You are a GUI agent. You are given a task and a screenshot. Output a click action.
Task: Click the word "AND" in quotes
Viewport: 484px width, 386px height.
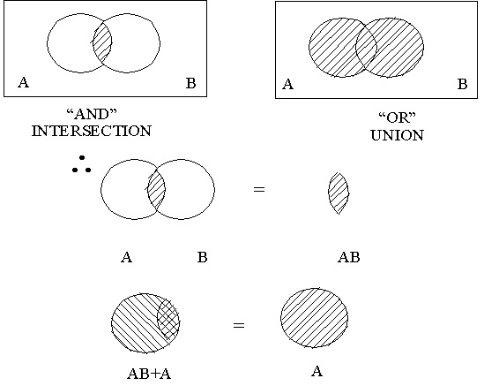(x=92, y=115)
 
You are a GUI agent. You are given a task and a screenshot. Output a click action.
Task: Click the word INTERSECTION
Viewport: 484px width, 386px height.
(x=92, y=131)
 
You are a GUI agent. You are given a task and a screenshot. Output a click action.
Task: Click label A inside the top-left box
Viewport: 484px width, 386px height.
(x=23, y=82)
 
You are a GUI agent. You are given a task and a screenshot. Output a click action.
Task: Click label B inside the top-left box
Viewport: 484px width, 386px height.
(x=190, y=84)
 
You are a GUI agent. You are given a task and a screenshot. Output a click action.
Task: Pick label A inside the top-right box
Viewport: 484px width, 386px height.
(x=287, y=85)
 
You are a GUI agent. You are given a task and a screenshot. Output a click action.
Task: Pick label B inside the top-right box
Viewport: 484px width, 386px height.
(x=462, y=85)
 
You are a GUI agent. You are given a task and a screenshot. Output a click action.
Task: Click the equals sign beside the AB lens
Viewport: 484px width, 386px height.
(x=258, y=189)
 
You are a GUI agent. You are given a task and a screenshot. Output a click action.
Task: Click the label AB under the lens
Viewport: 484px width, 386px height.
(x=348, y=258)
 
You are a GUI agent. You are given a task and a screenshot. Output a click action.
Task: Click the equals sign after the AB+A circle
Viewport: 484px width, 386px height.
(x=238, y=326)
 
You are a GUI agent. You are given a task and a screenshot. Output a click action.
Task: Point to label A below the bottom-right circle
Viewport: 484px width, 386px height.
(x=317, y=371)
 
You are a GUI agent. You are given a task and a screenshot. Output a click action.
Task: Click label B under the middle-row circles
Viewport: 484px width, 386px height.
(x=203, y=258)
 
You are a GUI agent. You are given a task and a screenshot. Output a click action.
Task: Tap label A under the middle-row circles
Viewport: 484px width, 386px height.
(x=127, y=258)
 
